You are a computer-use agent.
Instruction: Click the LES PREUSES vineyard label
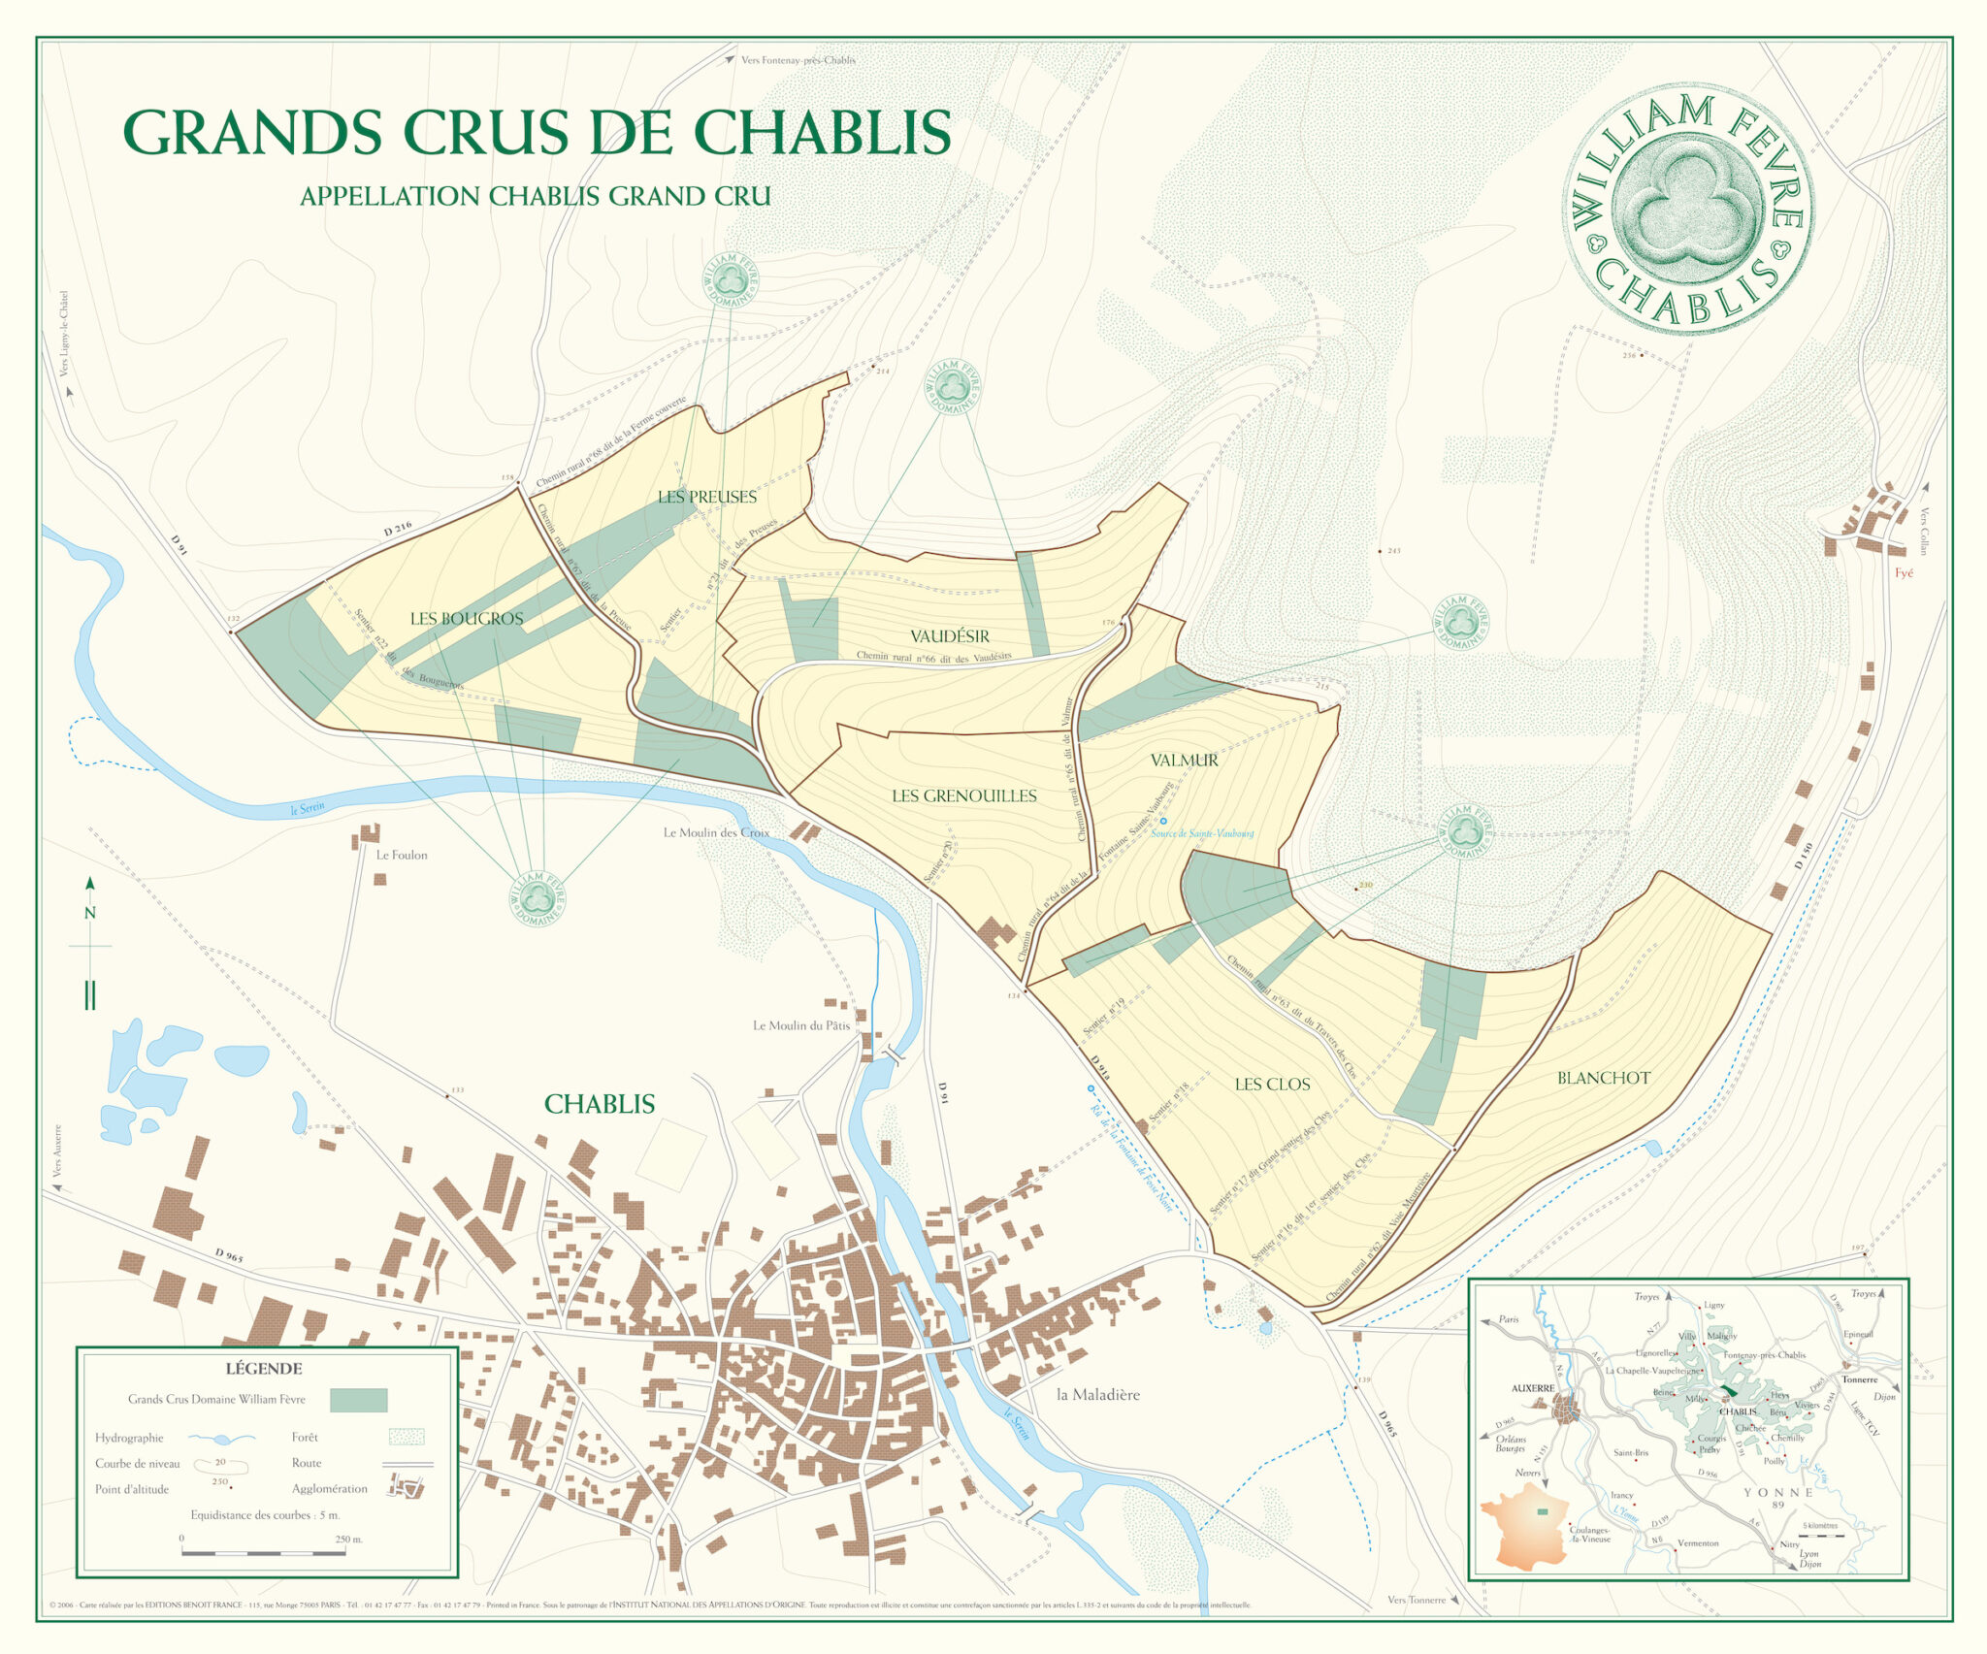[x=706, y=497]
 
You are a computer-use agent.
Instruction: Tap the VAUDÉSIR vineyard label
[x=949, y=636]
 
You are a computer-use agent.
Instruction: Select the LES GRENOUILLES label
[x=963, y=795]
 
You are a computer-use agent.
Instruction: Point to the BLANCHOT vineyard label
[x=1603, y=1078]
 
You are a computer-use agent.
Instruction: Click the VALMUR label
[x=1184, y=760]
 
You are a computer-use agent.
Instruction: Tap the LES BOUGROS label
[x=466, y=618]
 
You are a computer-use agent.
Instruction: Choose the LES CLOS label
[x=1272, y=1084]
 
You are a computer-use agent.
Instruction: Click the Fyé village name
[x=1904, y=573]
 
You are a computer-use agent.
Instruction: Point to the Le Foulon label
[x=402, y=855]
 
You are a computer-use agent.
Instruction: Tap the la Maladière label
[x=1097, y=1394]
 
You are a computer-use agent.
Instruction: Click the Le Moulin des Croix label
[x=716, y=832]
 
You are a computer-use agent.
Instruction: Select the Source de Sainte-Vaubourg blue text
[x=1202, y=832]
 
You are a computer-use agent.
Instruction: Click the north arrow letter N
[x=90, y=913]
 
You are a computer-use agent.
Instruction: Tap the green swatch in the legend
[x=358, y=1400]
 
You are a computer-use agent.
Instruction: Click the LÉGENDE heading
[x=264, y=1369]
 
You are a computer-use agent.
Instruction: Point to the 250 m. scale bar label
[x=348, y=1540]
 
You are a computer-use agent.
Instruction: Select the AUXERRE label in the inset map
[x=1533, y=1388]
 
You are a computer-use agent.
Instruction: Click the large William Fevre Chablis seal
[x=1687, y=208]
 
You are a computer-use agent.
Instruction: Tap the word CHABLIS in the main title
[x=822, y=132]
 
